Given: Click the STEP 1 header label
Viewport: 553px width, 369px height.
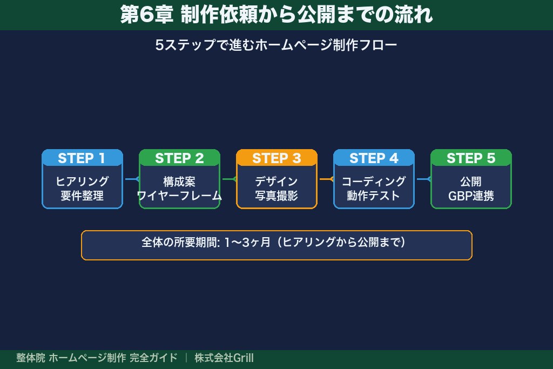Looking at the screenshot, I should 82,158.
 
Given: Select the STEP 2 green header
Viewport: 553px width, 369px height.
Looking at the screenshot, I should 179,158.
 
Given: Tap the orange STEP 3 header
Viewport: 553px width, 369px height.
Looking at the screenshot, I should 276,158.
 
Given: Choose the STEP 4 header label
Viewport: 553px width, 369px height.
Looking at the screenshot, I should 374,158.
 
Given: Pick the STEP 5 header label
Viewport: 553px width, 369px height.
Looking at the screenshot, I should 471,158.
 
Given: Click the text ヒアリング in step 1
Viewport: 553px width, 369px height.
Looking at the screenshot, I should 82,182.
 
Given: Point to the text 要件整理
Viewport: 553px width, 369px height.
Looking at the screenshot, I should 82,196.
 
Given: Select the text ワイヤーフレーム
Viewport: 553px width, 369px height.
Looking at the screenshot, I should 179,196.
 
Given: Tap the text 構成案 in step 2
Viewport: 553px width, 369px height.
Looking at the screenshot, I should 179,182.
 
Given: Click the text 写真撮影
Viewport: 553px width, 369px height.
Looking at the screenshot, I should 276,196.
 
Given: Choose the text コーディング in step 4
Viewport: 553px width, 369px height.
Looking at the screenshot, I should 374,182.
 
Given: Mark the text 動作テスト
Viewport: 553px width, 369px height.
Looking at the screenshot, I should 374,196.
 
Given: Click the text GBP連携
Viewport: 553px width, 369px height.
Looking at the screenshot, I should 471,196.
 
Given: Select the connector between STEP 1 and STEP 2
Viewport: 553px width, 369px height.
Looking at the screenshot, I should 131,179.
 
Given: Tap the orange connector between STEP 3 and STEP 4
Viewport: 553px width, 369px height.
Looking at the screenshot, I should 326,179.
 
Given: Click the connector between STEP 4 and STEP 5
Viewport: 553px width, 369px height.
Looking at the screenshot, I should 423,179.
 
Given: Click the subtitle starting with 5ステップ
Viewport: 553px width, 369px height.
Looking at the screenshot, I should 276,45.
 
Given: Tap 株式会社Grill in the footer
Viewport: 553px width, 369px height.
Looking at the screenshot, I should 224,358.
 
